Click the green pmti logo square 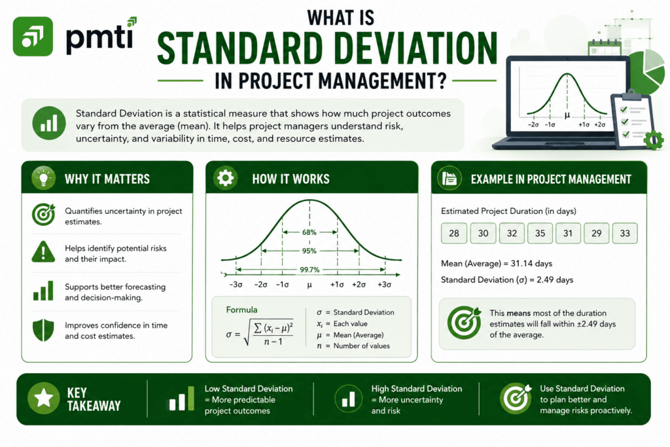33,37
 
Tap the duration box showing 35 540,234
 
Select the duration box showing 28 454,234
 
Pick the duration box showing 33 625,234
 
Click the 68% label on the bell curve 309,232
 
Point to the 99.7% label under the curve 309,270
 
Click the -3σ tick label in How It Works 236,284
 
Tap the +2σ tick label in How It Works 359,284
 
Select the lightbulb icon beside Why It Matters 43,178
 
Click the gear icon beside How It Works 226,177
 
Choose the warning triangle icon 43,252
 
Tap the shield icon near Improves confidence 43,330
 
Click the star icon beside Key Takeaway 44,399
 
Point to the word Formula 242,310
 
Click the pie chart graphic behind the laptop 646,71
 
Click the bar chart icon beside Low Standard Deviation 182,399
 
